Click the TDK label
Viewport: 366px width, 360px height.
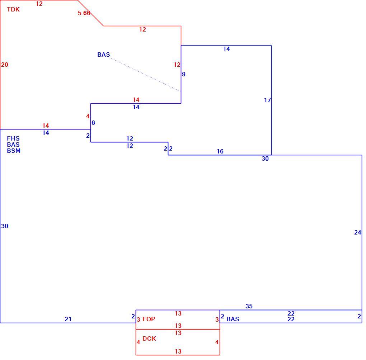coord(13,9)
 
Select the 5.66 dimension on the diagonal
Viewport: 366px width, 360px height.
coord(84,13)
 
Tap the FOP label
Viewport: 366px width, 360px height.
coord(149,319)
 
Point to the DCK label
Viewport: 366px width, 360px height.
coord(149,338)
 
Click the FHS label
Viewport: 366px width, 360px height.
coord(13,138)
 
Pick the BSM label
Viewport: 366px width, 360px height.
coord(14,151)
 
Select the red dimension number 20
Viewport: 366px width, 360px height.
coord(5,65)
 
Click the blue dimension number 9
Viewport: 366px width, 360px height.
coord(184,74)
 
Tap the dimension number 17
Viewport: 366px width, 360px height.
coord(267,100)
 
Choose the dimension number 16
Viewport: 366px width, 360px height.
coord(220,151)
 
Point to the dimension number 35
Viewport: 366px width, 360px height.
coord(249,306)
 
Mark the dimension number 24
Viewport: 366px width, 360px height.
coord(358,232)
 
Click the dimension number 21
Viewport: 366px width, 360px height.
coord(68,319)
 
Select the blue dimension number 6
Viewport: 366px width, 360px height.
coord(93,123)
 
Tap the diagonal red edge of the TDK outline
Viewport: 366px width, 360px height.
coord(90,13)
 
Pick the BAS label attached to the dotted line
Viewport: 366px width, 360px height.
coord(104,55)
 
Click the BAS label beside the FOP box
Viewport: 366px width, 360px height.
coord(233,319)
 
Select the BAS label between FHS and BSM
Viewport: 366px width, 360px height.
coord(13,145)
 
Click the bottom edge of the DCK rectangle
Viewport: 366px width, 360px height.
coord(178,355)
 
